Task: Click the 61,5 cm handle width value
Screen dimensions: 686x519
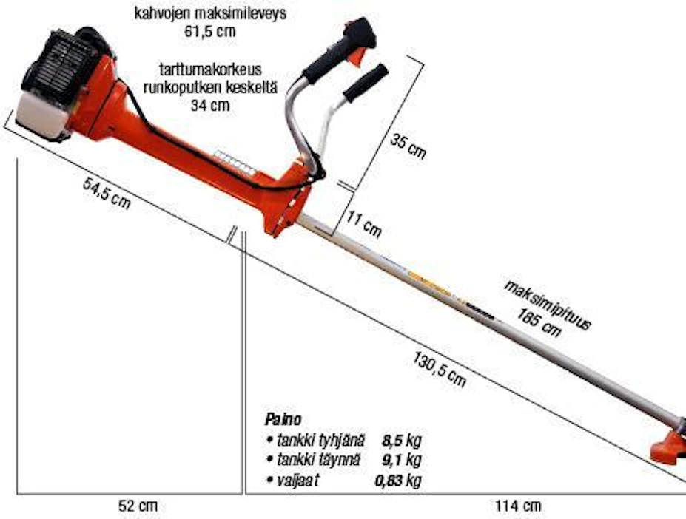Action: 210,32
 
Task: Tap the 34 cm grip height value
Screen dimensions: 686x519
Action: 210,106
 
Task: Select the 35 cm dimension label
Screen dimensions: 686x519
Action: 408,146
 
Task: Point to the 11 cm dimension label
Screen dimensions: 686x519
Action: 364,224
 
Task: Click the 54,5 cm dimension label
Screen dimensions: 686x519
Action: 107,193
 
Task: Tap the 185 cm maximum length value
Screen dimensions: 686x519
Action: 539,322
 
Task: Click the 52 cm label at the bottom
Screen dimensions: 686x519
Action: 138,506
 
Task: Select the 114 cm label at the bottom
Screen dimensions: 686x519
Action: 518,506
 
